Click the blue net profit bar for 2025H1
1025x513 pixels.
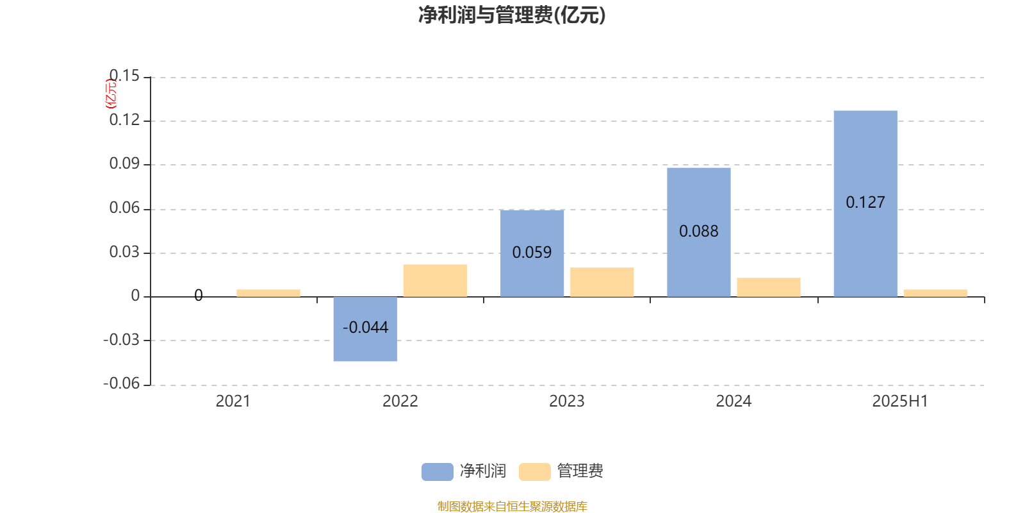click(865, 204)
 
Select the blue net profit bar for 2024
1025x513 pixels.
click(699, 232)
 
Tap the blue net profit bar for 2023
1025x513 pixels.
click(532, 253)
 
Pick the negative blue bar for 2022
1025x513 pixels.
click(365, 329)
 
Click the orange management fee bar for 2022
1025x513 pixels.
click(435, 281)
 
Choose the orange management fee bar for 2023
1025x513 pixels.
click(602, 282)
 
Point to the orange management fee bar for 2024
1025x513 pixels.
click(769, 287)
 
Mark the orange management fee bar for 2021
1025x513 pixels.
click(268, 293)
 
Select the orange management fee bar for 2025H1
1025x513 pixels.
click(935, 293)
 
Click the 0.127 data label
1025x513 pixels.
click(865, 202)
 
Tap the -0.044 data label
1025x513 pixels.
click(365, 327)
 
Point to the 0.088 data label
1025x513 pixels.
click(699, 231)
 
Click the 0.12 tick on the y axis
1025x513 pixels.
click(124, 120)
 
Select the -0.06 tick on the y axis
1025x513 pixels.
click(121, 383)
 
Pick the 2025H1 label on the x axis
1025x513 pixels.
click(900, 401)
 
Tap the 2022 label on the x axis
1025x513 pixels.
click(400, 401)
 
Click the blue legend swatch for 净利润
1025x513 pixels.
click(438, 472)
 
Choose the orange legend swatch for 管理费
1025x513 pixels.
click(534, 472)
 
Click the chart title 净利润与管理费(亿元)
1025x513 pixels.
click(512, 15)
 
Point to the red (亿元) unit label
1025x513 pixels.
click(111, 94)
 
